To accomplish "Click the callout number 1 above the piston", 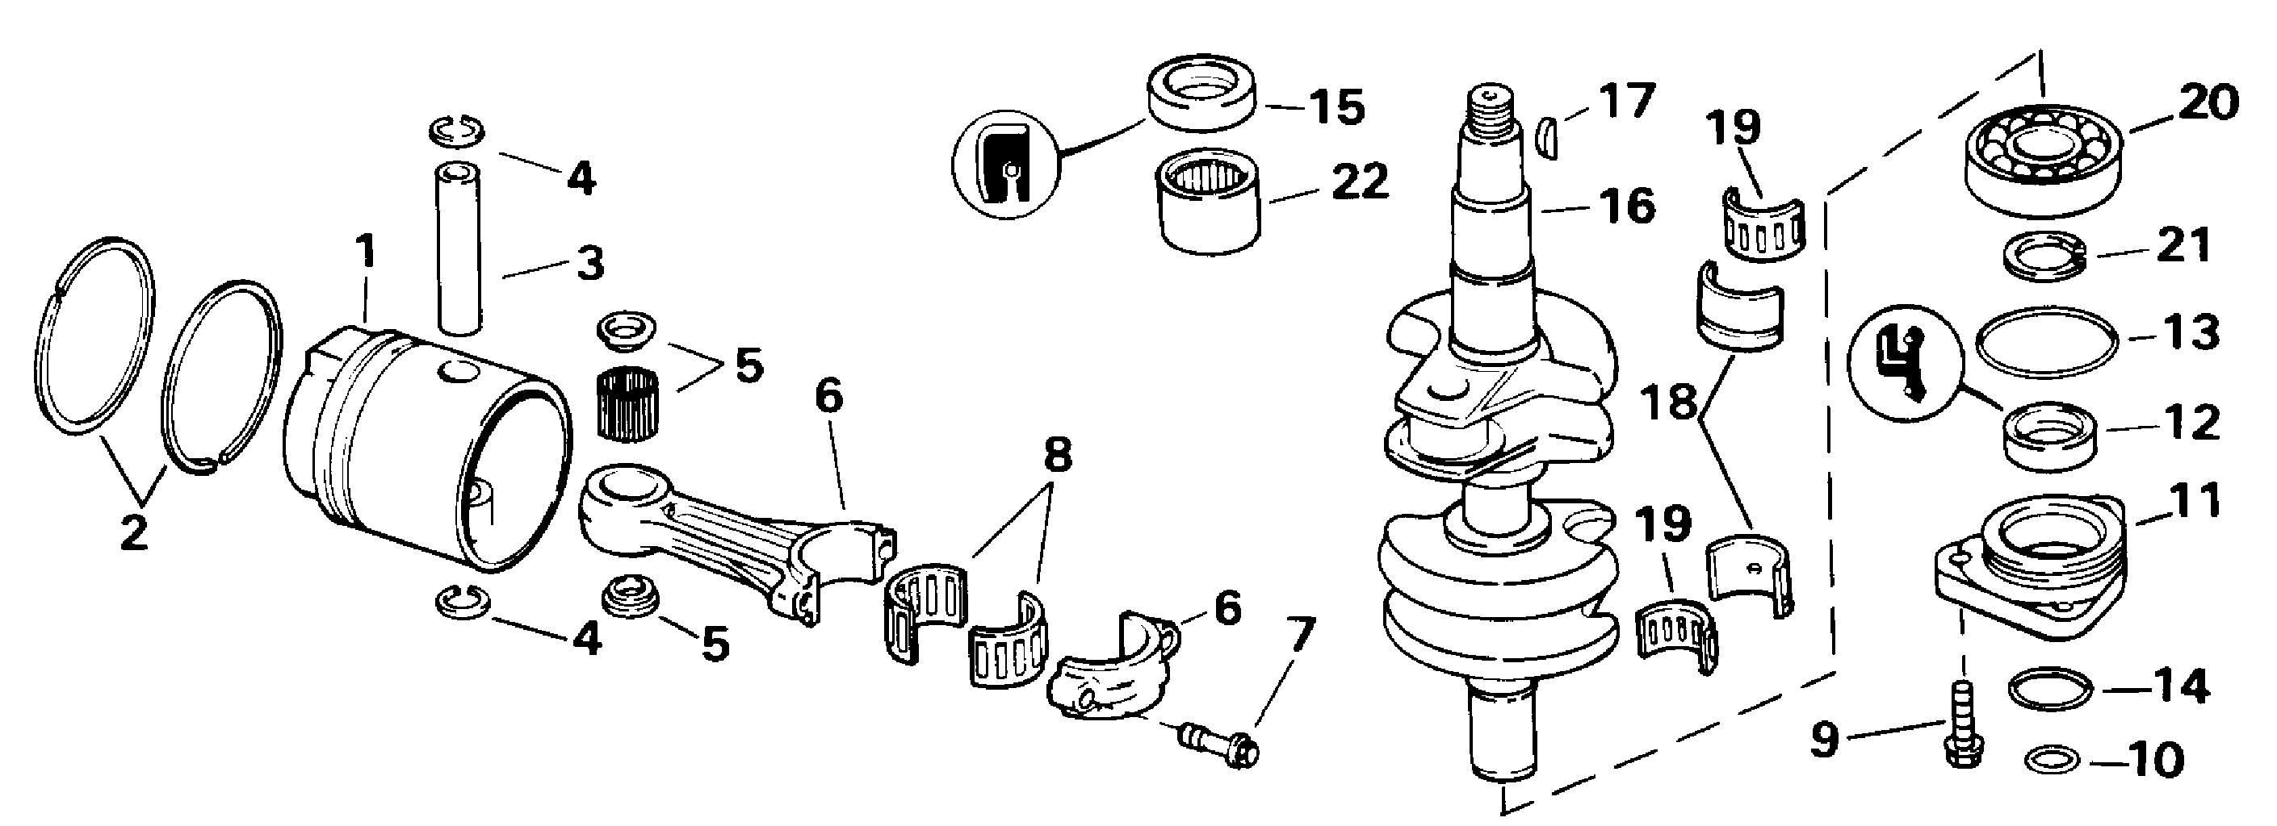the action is coord(365,252).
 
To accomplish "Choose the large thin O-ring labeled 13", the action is coord(2045,341).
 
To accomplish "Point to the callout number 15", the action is coord(1336,107).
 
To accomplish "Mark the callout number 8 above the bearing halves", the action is coord(1057,456).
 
